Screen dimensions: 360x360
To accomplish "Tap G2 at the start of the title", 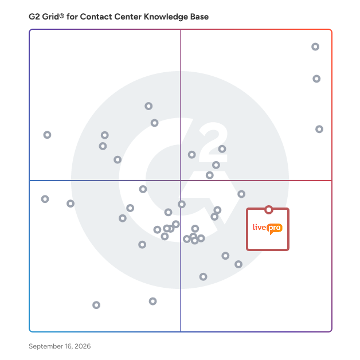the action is click(34, 17).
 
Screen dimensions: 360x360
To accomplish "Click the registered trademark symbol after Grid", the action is click(61, 15).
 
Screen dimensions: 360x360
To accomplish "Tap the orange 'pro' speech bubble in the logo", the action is click(275, 229).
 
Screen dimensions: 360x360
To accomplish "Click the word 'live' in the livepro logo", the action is click(259, 227).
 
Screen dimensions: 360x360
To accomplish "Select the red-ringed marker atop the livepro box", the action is click(269, 210).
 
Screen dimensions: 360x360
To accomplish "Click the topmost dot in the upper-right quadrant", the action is click(315, 46).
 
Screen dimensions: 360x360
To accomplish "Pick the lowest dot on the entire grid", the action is click(96, 305).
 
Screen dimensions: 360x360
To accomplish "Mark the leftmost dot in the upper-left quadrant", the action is click(48, 135).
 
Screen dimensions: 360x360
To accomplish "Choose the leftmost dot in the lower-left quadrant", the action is click(45, 199).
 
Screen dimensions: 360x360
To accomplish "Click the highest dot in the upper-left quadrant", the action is click(148, 106).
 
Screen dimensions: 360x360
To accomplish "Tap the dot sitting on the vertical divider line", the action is click(182, 204).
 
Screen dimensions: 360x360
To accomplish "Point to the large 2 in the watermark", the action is click(213, 142).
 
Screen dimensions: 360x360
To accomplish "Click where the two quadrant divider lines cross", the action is click(181, 181).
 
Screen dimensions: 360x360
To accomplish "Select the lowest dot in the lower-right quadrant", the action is click(203, 277).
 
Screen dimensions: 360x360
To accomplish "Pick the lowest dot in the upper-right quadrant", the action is click(210, 175).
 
